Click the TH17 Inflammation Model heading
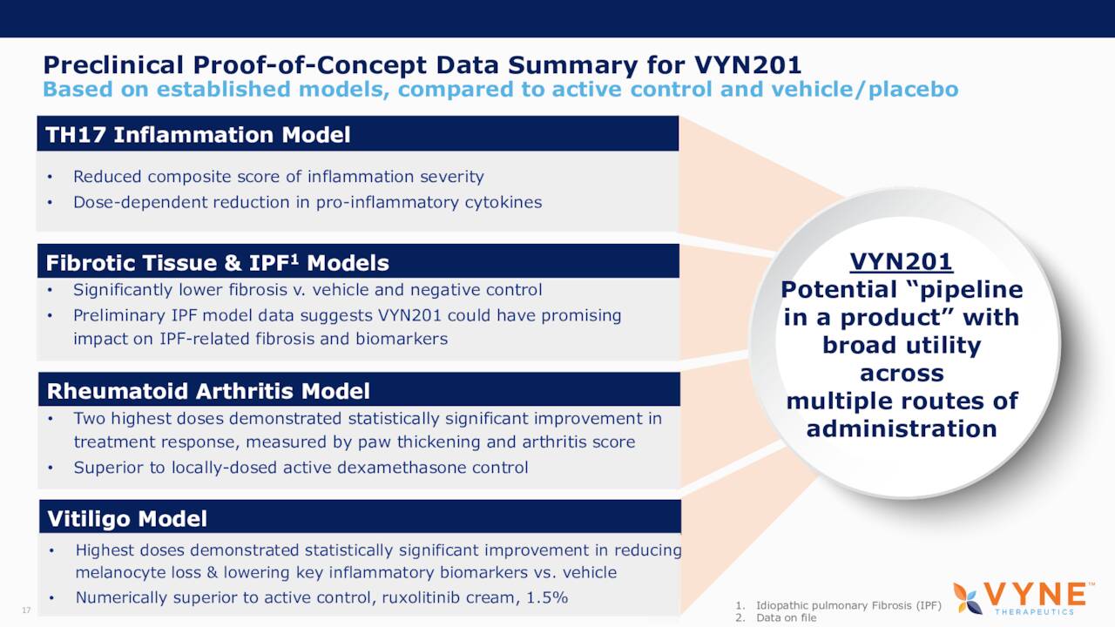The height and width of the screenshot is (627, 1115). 198,135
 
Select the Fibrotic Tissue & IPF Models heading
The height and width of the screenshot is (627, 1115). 217,262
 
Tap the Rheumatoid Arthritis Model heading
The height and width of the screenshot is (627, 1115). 208,391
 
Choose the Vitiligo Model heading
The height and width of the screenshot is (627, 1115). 127,519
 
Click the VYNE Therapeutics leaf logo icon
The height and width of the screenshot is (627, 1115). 968,597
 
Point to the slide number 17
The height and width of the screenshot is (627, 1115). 25,610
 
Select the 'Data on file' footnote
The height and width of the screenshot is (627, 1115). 786,617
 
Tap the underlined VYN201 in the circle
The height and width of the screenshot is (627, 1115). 901,261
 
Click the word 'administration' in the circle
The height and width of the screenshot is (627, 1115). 901,428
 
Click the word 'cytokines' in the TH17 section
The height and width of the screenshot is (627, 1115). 503,202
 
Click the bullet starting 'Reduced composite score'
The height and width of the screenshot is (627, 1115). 278,177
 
